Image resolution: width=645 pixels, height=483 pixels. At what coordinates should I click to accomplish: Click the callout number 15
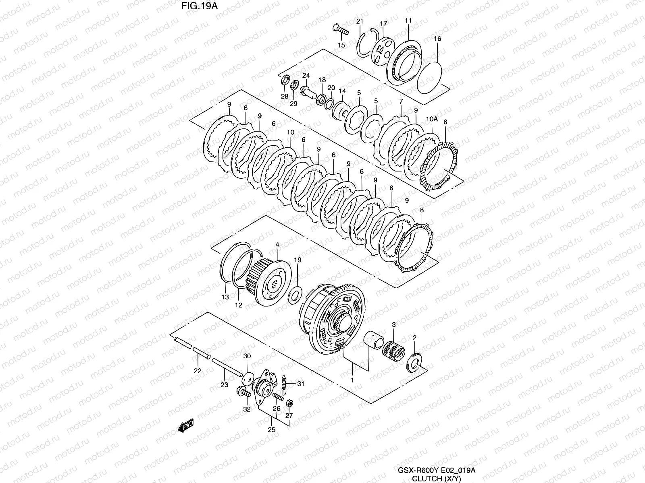coord(341,45)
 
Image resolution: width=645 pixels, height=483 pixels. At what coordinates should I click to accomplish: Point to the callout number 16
coord(437,39)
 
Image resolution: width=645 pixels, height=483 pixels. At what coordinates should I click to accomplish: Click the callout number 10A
coord(432,119)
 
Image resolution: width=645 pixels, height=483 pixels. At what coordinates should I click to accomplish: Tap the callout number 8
coord(422,210)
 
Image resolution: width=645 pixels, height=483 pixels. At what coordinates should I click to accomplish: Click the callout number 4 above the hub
coord(277,244)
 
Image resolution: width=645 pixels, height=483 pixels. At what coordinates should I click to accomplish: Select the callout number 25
coord(272,430)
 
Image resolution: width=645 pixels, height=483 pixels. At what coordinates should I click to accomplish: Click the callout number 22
coord(198,371)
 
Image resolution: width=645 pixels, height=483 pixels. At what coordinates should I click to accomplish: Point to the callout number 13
coord(225,297)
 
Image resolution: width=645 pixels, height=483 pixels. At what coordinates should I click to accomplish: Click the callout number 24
coord(306,75)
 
